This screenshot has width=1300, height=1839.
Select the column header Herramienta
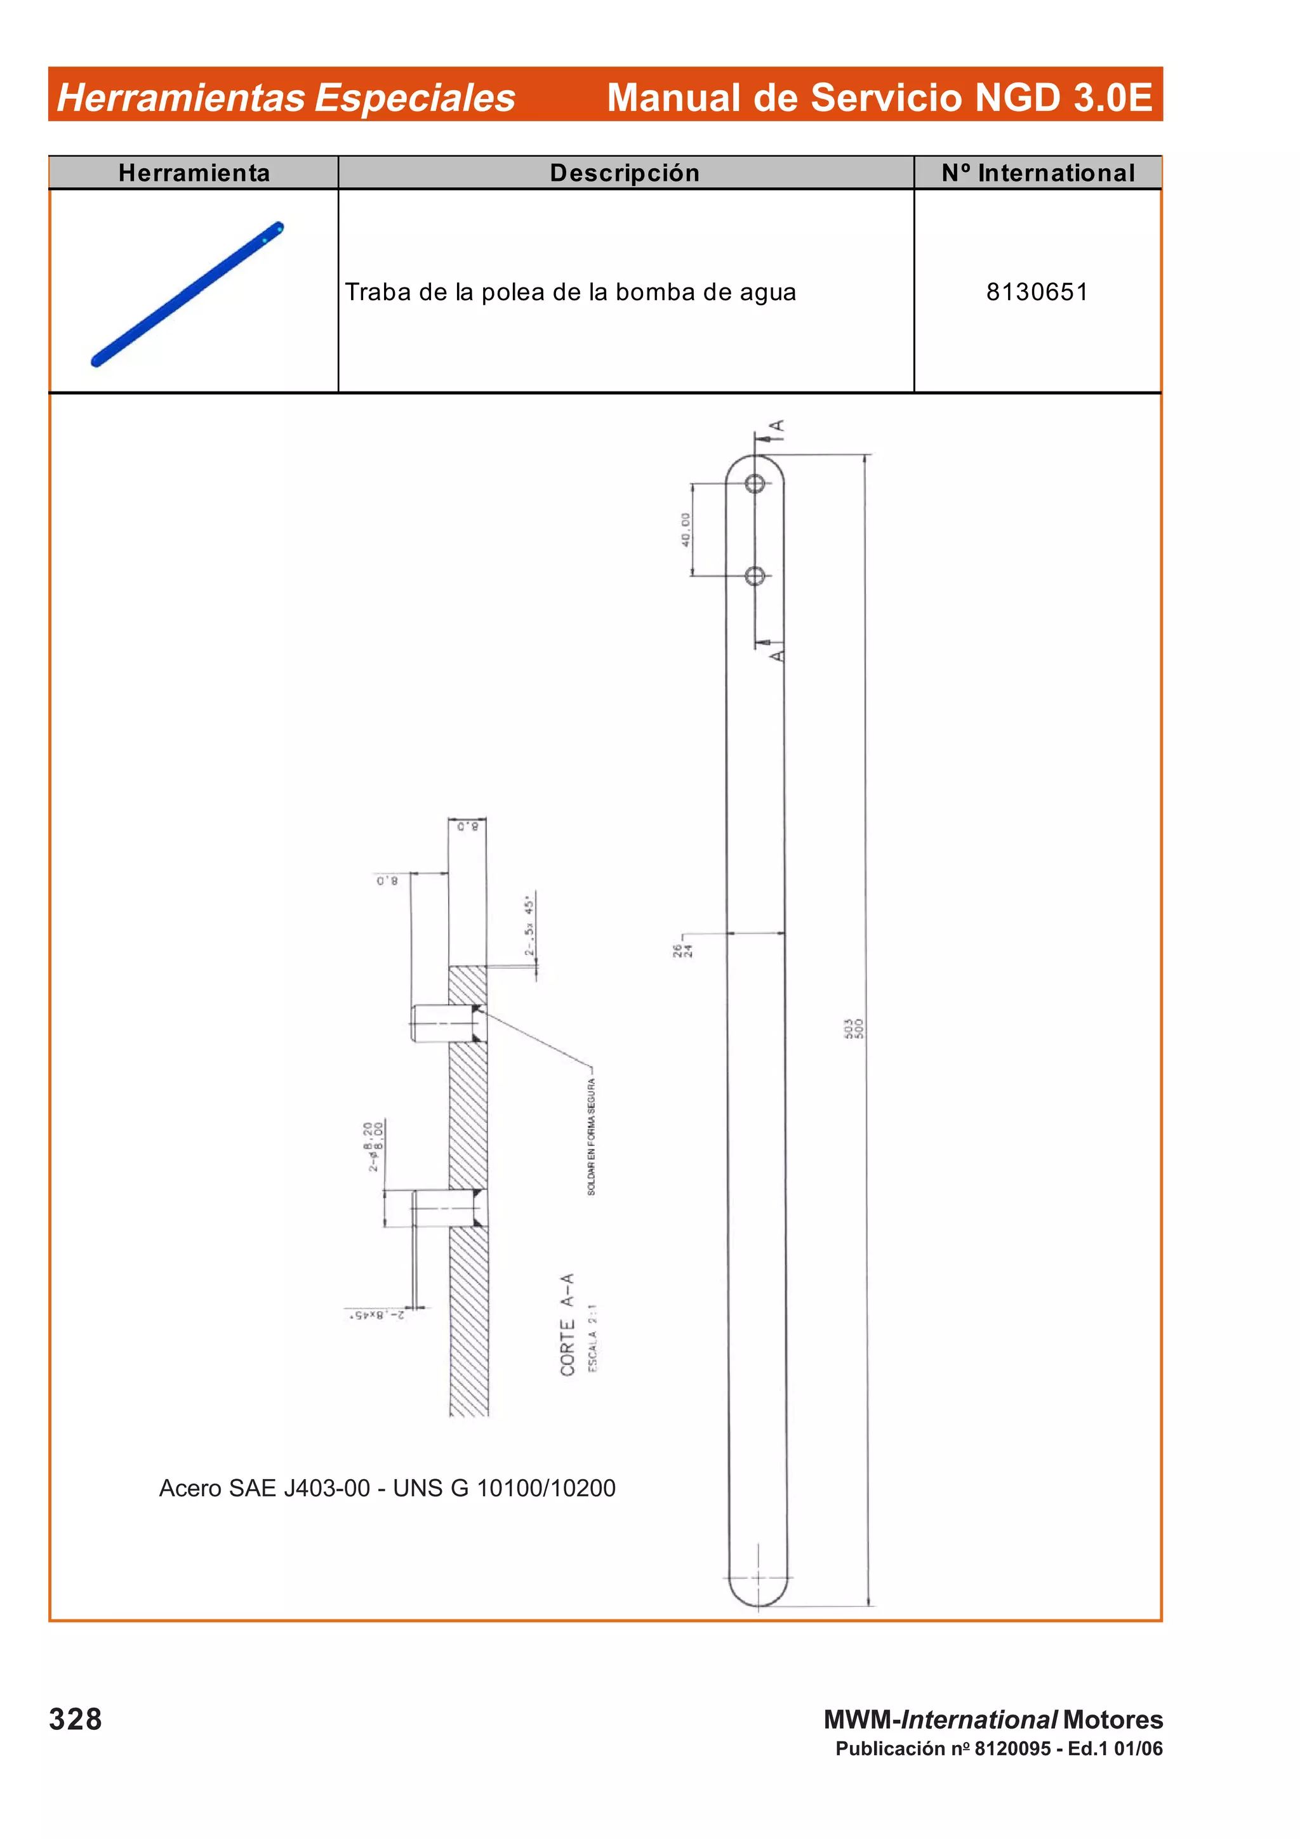pyautogui.click(x=194, y=173)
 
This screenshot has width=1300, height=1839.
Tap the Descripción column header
pyautogui.click(x=625, y=173)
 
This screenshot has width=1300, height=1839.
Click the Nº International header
pyautogui.click(x=1038, y=173)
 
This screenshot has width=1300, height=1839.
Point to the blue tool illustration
pyautogui.click(x=187, y=293)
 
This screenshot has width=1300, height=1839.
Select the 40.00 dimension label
pyautogui.click(x=686, y=529)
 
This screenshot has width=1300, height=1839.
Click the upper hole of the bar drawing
pyautogui.click(x=755, y=484)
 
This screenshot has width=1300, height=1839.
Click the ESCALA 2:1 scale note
pyautogui.click(x=593, y=1338)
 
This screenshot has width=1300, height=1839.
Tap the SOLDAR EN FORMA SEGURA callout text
pyautogui.click(x=591, y=1137)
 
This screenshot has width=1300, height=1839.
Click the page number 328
pyautogui.click(x=76, y=1720)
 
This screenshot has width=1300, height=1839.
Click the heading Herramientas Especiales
pyautogui.click(x=286, y=98)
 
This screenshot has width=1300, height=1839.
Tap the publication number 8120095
pyautogui.click(x=1012, y=1748)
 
